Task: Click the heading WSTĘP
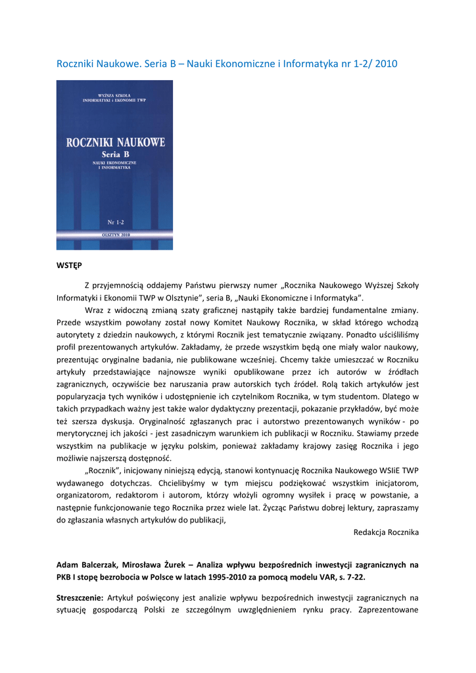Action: tap(69, 266)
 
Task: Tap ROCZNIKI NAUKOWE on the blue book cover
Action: tap(116, 142)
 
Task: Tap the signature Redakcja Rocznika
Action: tap(386, 532)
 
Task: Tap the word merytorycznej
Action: tap(85, 433)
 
